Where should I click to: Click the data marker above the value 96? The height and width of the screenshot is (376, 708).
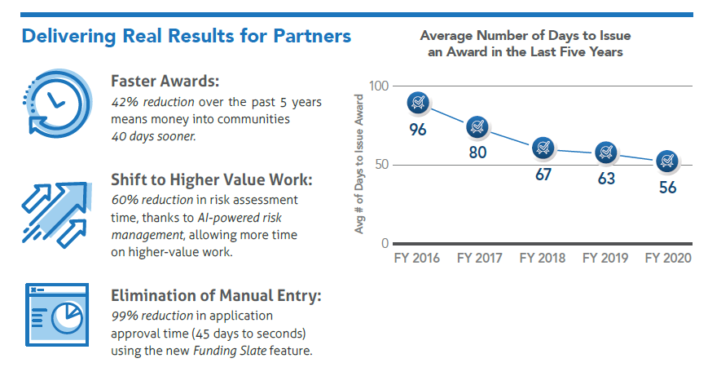[x=418, y=103]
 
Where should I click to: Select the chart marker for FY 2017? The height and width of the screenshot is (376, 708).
[x=477, y=127]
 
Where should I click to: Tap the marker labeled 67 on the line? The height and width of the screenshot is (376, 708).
[x=543, y=148]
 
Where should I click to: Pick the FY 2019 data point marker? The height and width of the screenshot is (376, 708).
[x=605, y=152]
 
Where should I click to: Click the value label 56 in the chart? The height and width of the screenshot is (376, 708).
[x=668, y=187]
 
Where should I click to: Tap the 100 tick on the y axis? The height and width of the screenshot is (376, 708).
[x=379, y=86]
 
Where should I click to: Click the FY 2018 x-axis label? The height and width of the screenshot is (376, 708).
[x=542, y=258]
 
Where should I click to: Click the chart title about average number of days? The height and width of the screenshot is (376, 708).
[x=526, y=44]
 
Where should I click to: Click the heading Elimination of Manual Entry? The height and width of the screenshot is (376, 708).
[x=216, y=295]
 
